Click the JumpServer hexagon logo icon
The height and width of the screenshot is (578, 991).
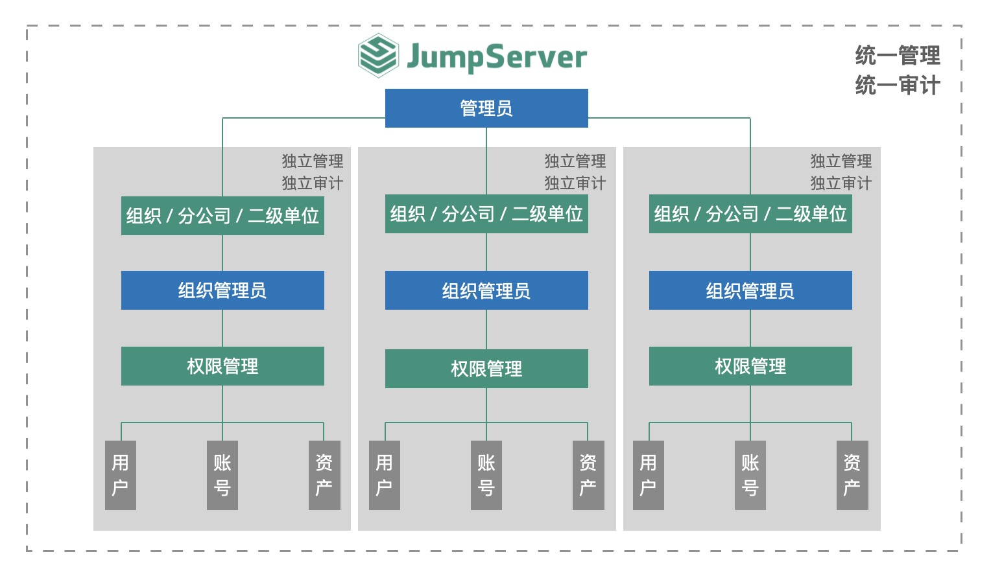378,56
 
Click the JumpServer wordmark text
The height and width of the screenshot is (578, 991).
496,57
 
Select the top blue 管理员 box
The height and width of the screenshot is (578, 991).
486,108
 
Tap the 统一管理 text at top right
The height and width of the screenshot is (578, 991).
898,56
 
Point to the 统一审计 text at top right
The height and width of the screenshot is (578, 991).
898,85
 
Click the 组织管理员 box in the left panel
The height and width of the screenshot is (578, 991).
222,290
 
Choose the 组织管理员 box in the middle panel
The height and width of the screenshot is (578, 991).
486,290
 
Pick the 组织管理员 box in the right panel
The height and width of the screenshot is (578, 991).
750,290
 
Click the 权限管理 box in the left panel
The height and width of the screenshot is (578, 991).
222,366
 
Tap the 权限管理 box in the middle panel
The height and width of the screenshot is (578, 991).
486,369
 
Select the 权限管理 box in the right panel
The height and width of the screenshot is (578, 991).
750,366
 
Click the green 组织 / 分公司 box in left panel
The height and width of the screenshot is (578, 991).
222,216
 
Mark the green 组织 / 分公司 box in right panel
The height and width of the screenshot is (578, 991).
750,214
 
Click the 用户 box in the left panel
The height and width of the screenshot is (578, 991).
121,475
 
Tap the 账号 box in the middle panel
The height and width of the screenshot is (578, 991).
486,475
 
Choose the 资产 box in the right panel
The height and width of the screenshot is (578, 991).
852,475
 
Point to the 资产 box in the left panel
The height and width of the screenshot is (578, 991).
324,475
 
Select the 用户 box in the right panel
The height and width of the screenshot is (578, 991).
649,475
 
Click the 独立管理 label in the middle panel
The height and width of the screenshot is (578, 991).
575,161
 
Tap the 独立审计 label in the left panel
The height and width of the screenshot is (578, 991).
312,183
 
